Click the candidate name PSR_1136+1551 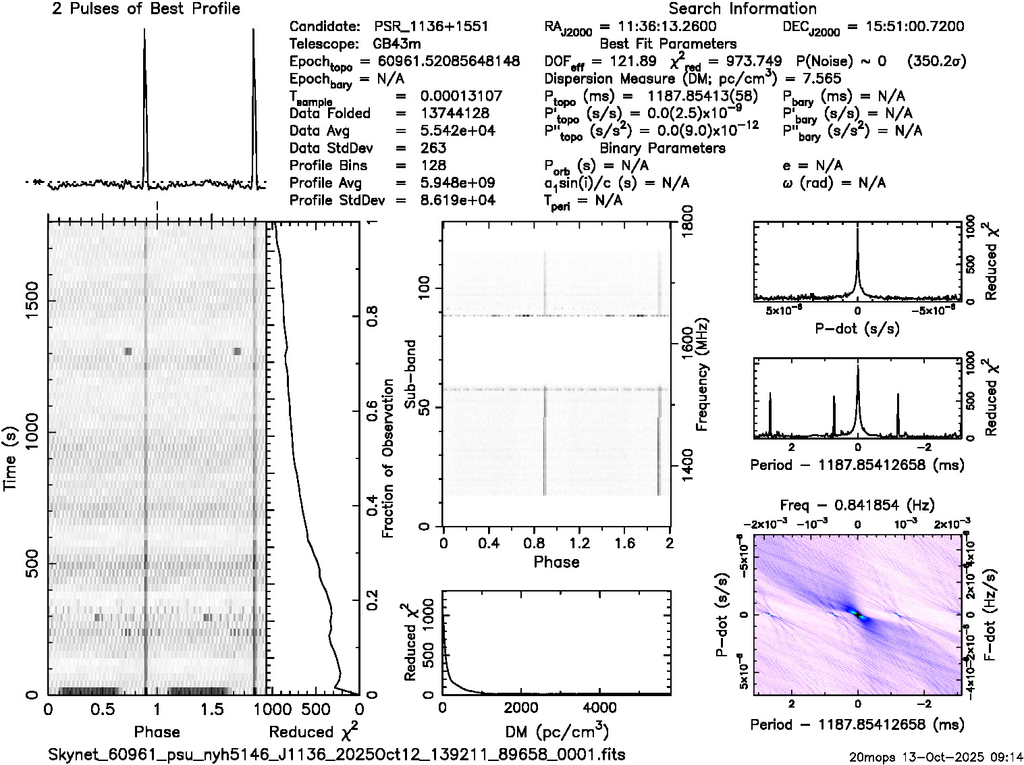point(431,27)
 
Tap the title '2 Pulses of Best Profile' point(146,9)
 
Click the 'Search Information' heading point(742,9)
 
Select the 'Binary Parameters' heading point(662,148)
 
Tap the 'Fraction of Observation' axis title point(387,458)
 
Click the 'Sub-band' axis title point(410,374)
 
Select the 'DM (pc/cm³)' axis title point(556,731)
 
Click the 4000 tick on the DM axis point(599,708)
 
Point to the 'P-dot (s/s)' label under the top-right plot point(857,329)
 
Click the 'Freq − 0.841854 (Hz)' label point(857,505)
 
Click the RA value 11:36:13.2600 point(658,27)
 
